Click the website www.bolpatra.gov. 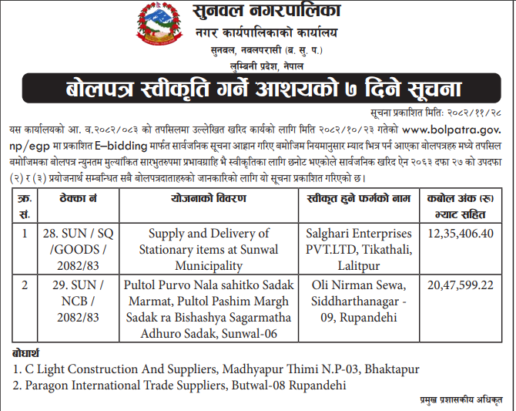pos(453,125)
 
